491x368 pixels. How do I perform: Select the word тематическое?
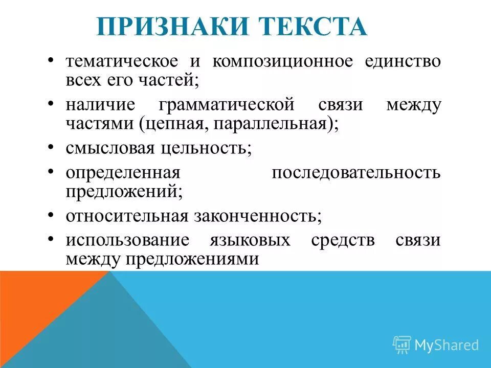pyautogui.click(x=122, y=62)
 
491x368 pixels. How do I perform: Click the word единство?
pyautogui.click(x=403, y=62)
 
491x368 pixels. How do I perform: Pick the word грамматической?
pyautogui.click(x=227, y=105)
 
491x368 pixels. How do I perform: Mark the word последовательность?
pyautogui.click(x=355, y=172)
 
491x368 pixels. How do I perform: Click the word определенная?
pyautogui.click(x=121, y=172)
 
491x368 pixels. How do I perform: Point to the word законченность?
pyautogui.click(x=257, y=216)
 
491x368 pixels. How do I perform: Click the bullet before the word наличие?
pyautogui.click(x=51, y=104)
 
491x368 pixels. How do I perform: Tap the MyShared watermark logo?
pyautogui.click(x=435, y=344)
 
